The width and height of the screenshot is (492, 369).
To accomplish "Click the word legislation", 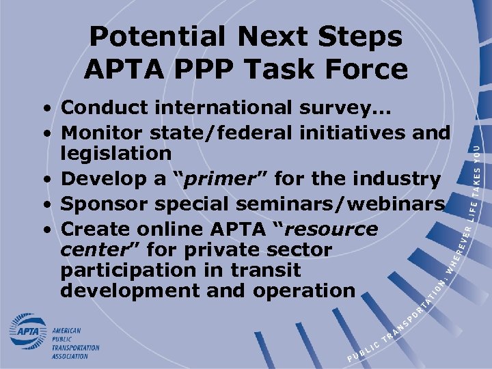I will pos(115,154).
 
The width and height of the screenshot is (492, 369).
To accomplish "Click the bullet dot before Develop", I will pos(43,180).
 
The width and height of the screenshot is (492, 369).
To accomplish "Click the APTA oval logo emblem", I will pos(28,333).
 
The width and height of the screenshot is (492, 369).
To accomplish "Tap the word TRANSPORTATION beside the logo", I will pos(76,347).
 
